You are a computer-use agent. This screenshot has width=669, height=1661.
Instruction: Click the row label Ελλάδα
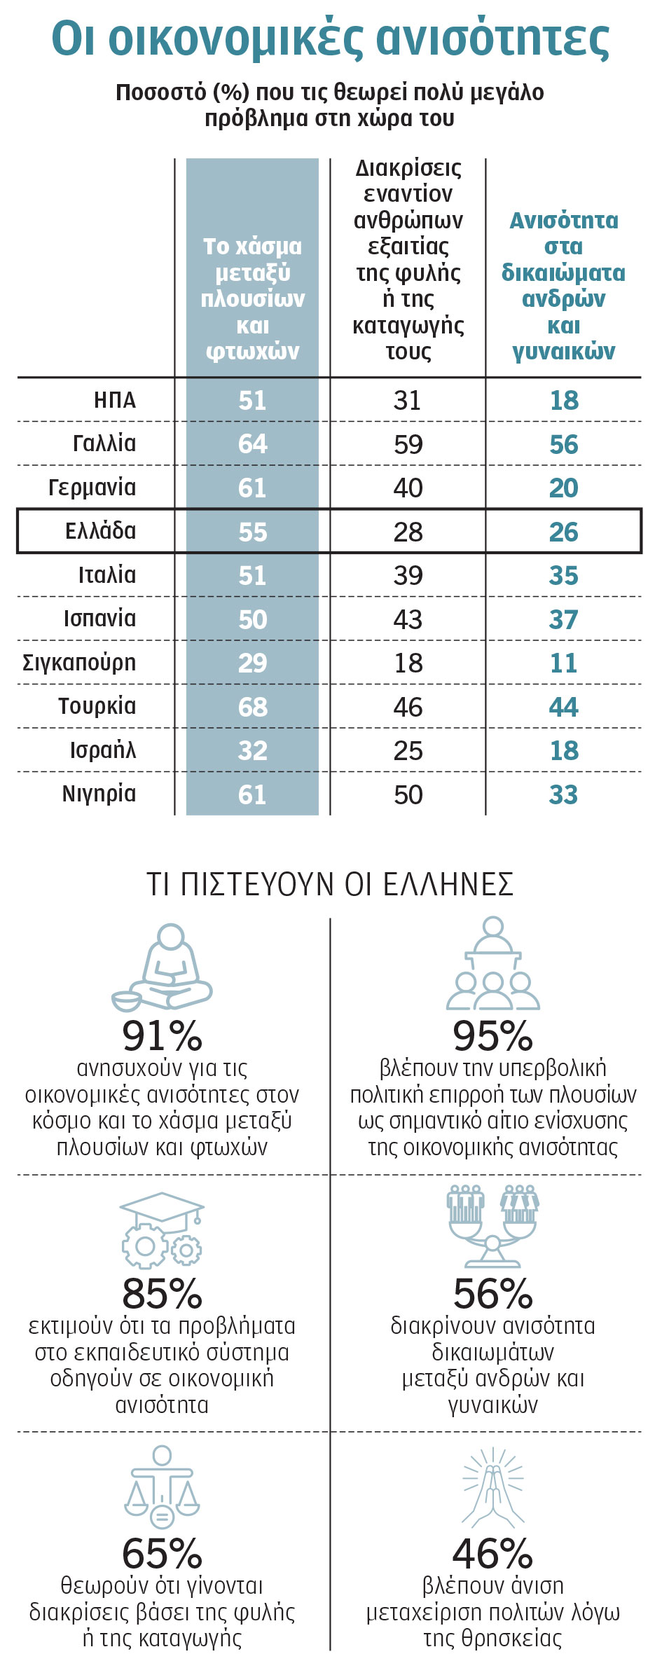coord(100,531)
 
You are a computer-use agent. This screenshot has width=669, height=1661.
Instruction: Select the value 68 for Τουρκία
coord(252,707)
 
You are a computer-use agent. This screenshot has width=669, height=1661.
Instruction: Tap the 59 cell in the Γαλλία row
coord(408,444)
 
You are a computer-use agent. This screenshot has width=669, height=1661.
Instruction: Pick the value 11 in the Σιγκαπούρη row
coord(563,663)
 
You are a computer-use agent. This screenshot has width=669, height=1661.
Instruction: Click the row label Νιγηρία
coord(99,794)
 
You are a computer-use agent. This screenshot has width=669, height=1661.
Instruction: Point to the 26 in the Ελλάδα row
coord(563,532)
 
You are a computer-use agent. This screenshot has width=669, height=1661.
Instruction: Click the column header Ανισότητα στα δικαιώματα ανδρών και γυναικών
coord(563,285)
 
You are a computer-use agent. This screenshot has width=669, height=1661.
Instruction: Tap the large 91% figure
coord(162,1036)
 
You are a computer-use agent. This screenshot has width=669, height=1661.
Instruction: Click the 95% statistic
coord(492,1036)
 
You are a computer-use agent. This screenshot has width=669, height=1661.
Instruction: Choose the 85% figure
coord(162,1294)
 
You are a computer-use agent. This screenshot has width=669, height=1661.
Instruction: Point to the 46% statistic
coord(492,1553)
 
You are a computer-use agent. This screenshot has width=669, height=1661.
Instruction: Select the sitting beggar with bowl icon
coord(162,967)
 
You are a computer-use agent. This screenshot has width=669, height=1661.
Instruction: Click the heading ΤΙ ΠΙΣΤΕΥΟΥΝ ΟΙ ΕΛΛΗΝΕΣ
coord(330,884)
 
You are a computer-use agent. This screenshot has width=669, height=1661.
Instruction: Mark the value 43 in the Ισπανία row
coord(408,619)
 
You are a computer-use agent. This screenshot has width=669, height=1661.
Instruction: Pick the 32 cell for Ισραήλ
coord(252,750)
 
